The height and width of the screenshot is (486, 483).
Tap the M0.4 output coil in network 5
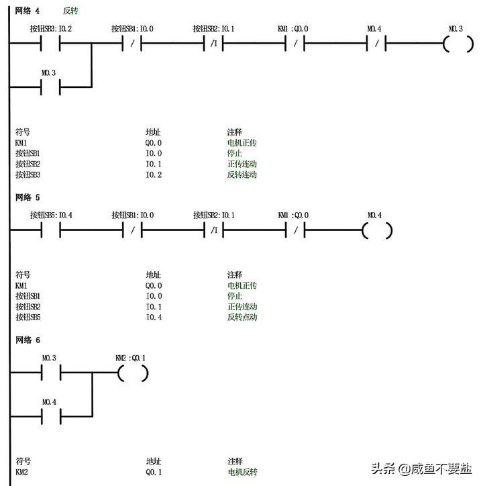pos(377,230)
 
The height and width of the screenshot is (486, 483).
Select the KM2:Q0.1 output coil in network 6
pos(133,373)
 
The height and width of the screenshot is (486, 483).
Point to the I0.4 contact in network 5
pos(51,230)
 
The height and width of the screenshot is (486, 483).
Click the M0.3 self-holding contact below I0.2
pos(51,87)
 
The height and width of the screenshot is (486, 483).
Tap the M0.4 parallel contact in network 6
pos(51,416)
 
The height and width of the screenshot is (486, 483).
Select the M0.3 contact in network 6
pos(51,373)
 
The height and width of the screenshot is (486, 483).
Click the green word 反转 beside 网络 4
pos(70,11)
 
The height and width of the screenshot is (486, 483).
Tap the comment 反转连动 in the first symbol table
pos(242,175)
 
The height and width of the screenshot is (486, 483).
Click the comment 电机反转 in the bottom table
pos(242,472)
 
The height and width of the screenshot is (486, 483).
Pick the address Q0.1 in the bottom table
pos(154,472)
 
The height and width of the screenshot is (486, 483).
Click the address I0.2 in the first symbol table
pos(154,175)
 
